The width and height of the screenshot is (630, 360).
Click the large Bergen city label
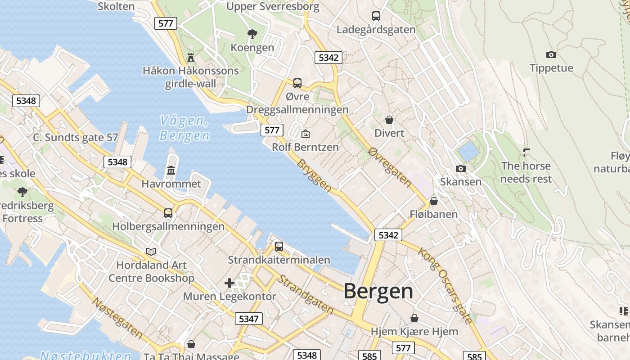pos(378,292)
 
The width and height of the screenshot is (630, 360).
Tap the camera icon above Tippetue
pos(551,54)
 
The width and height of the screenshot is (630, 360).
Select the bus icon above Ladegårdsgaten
pos(376,16)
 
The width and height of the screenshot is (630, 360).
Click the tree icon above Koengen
pos(252,34)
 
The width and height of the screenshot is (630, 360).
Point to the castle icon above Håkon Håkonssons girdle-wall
pos(191,57)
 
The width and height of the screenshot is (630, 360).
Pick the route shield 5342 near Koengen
pos(328,57)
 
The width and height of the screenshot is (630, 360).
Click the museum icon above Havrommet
pos(171,170)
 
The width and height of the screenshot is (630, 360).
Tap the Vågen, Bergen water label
pos(184,128)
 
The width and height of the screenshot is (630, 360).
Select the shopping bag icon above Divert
pos(389,120)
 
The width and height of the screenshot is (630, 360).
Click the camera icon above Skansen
pos(460,168)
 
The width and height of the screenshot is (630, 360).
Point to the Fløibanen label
pos(433,214)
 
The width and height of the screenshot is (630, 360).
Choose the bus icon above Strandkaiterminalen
pos(279,246)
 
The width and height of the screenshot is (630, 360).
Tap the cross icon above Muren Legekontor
pos(229,283)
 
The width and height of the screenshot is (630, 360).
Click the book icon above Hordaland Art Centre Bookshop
pos(151,252)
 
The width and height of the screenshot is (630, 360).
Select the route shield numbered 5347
pos(248,319)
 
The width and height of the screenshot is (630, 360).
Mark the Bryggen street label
pos(314,176)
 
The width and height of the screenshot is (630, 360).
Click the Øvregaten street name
pos(390,167)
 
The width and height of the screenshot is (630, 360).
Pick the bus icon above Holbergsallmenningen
pos(168,213)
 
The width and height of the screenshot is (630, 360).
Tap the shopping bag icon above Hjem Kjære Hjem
pos(414,318)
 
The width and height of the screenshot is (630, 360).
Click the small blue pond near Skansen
pos(468,151)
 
